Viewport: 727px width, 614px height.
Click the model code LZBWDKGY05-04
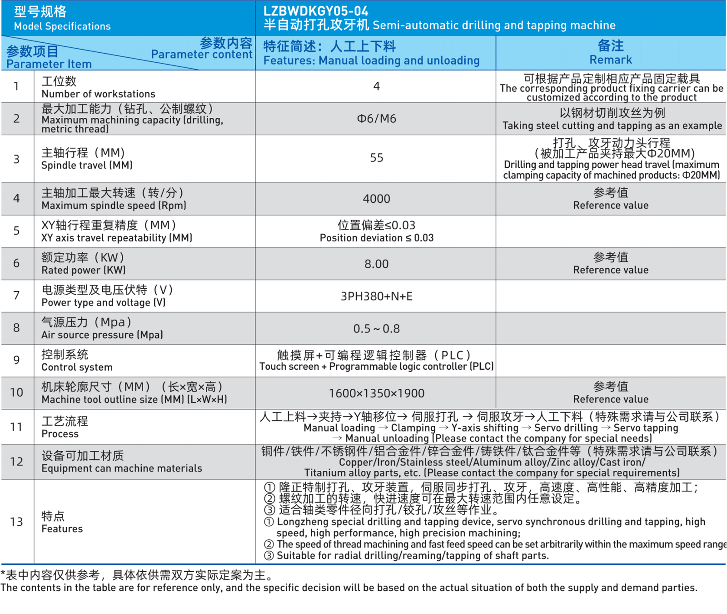coord(316,11)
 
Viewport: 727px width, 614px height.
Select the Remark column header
coord(610,60)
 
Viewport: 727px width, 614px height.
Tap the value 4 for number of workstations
coord(376,86)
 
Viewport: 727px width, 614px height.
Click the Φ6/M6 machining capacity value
coord(376,119)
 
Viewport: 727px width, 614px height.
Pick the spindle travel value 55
coord(376,158)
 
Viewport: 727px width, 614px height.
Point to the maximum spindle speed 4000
coord(376,199)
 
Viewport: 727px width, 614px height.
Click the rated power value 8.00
coord(376,264)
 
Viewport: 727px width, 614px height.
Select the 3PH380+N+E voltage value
coord(376,297)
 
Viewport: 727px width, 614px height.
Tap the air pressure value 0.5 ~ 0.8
coord(376,329)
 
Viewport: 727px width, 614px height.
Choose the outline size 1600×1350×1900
coord(376,393)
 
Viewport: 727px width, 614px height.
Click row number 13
coord(16,522)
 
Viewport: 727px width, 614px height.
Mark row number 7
coord(16,296)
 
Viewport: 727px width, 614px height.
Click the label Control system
coord(77,367)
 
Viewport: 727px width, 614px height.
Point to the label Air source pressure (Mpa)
coord(102,335)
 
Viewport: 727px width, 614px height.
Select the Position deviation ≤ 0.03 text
coord(376,238)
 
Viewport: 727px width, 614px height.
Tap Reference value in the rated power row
coord(610,270)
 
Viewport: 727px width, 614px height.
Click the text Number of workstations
coord(98,94)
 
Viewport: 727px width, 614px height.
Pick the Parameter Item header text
coord(49,64)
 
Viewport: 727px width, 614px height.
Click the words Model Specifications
coord(62,26)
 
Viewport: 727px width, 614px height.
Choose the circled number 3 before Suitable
coord(269,555)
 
